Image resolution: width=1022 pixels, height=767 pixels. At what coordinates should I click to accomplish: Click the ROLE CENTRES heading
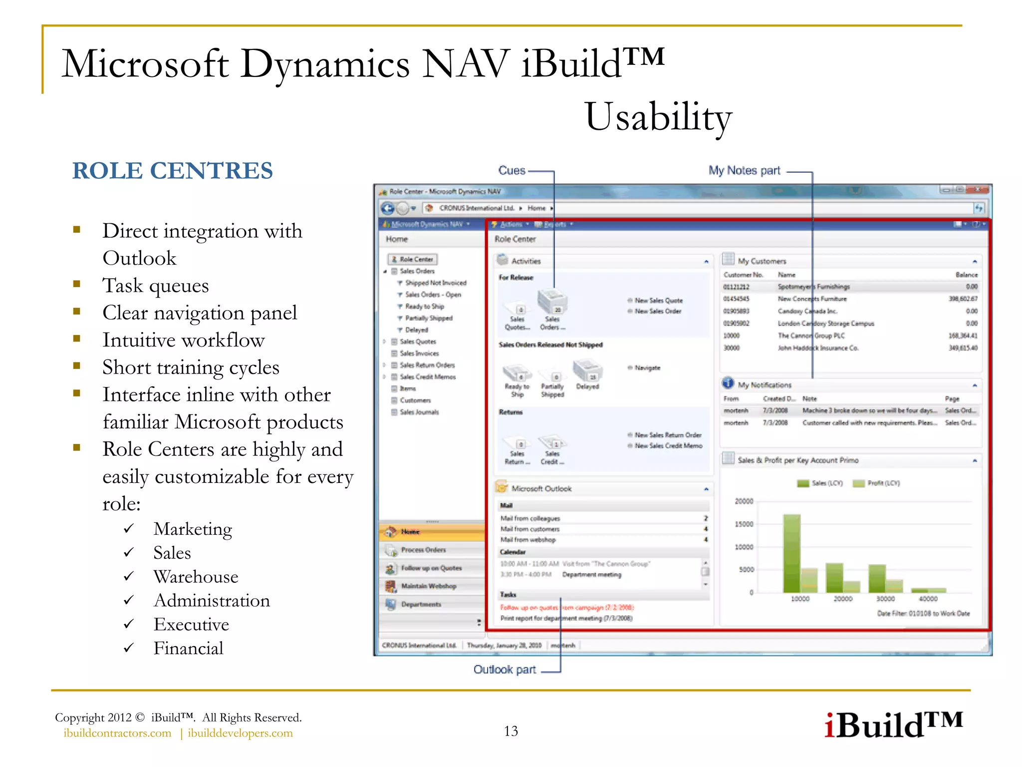coord(172,171)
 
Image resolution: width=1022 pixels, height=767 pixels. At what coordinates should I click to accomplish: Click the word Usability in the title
coord(658,117)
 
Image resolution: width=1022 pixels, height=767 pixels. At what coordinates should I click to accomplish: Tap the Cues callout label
coord(511,171)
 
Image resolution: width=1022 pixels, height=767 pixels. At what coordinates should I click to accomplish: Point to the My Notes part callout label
coord(744,171)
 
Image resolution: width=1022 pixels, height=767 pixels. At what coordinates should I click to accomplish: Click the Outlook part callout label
coord(504,670)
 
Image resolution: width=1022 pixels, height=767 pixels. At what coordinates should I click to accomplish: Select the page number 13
coord(511,731)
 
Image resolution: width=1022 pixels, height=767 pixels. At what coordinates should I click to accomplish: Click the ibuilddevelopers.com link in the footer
coord(240,733)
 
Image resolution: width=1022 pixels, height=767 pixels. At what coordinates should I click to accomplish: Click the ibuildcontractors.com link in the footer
coord(117,733)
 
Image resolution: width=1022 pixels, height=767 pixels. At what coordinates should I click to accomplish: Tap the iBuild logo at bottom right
coord(893,725)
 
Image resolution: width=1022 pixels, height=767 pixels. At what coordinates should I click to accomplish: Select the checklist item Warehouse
coord(196,577)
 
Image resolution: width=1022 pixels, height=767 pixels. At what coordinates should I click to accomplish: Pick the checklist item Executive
coord(191,624)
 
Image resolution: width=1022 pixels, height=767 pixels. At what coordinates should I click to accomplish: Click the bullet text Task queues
coord(155,286)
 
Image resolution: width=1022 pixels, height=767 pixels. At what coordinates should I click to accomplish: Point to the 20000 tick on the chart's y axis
coord(744,501)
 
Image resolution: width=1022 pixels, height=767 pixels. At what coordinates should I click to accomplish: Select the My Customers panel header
coord(762,261)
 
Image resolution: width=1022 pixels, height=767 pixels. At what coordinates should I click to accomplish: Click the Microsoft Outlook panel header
coord(541,489)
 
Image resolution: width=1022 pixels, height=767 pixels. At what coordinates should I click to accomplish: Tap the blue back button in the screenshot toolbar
coord(388,208)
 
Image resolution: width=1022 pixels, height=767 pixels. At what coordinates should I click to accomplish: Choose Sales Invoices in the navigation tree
coord(419,354)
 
